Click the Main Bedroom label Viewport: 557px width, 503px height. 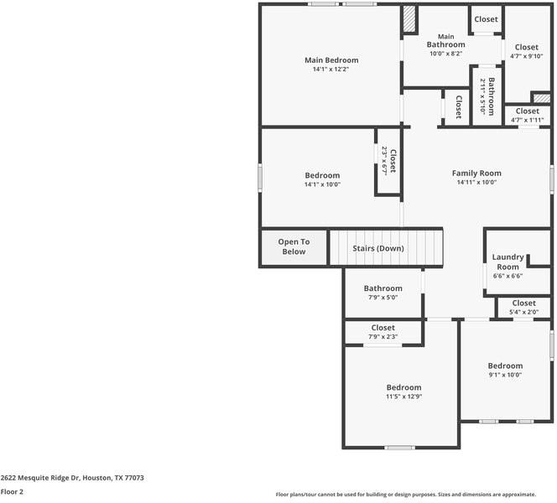tap(331, 60)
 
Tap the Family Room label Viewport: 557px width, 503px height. tap(476, 173)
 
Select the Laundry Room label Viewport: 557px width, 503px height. tap(508, 262)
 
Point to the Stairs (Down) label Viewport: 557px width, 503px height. tap(377, 248)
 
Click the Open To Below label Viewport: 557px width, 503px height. tap(294, 246)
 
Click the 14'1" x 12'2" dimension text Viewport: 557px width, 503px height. tap(331, 70)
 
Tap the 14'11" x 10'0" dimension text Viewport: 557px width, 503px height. tap(476, 182)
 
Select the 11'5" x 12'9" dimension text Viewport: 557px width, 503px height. tap(403, 397)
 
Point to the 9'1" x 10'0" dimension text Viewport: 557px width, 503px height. tap(505, 375)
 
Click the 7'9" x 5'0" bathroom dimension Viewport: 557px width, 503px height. tap(382, 297)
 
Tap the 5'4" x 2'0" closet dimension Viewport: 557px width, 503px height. tap(523, 313)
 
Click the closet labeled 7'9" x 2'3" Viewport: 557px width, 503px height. tap(383, 332)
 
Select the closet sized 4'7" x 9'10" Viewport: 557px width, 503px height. tap(527, 51)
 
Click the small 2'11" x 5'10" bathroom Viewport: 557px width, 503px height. tap(487, 95)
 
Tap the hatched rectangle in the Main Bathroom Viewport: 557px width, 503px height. tap(409, 20)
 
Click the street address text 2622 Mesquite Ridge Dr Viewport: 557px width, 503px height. tap(72, 478)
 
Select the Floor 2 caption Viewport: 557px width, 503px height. tap(12, 492)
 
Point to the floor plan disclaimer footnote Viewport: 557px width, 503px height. tap(417, 495)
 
